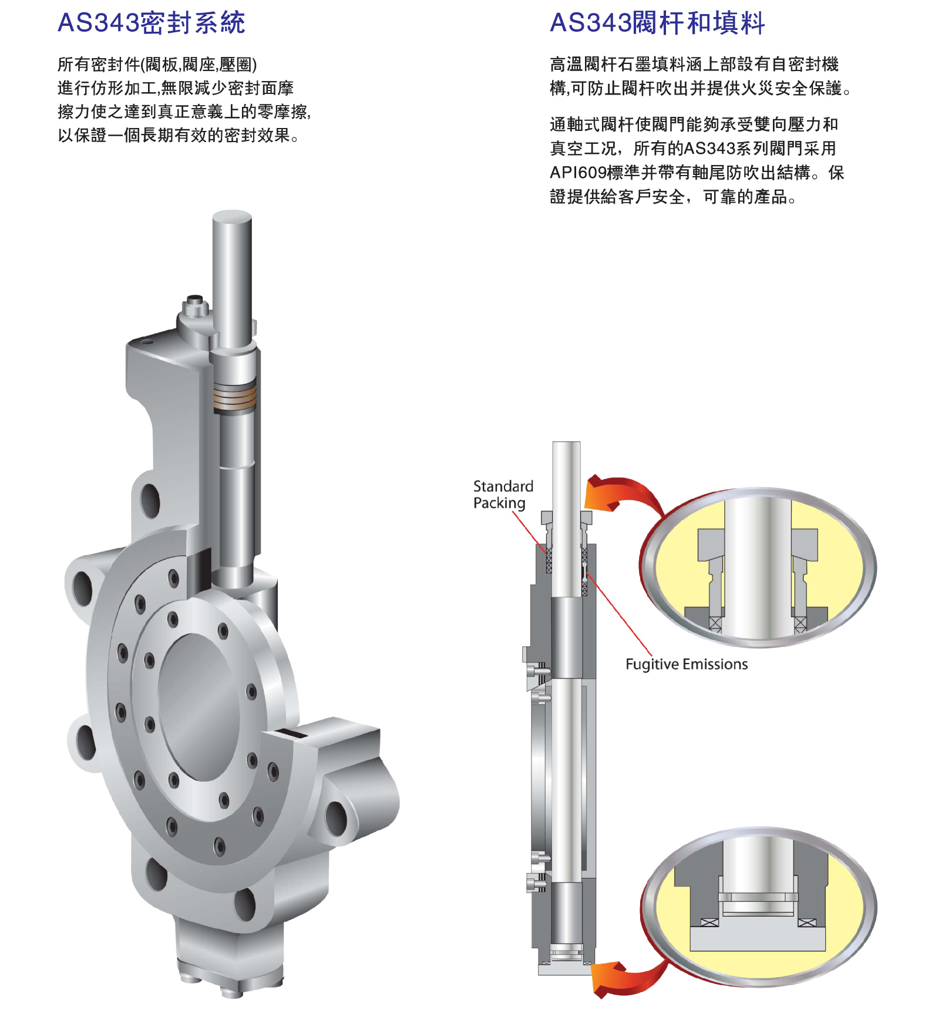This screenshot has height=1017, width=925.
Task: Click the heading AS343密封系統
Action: (152, 23)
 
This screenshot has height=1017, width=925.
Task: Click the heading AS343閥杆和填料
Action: (657, 23)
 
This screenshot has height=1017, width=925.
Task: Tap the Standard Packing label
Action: (503, 494)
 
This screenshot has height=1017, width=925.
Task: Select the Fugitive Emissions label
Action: (687, 664)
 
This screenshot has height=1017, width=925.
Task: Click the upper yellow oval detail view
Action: (758, 567)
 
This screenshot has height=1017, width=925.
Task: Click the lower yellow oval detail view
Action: (758, 907)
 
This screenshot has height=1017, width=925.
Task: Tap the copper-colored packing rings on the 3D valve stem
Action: (234, 397)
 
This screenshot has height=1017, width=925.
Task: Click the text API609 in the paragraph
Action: (578, 173)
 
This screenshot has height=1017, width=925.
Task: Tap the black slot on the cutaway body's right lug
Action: (291, 733)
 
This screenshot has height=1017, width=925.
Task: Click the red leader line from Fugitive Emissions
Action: (619, 612)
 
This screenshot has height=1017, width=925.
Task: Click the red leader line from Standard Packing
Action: (531, 534)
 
